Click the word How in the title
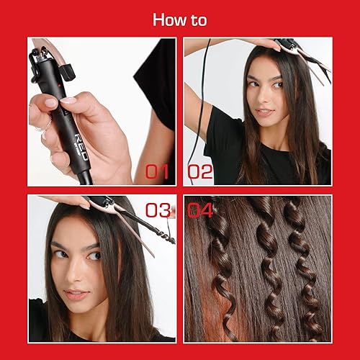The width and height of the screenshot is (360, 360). pyautogui.click(x=168, y=19)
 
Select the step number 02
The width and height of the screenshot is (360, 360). pyautogui.click(x=202, y=172)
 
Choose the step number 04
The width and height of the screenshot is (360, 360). pyautogui.click(x=202, y=210)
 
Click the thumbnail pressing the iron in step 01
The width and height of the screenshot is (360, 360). pyautogui.click(x=70, y=102)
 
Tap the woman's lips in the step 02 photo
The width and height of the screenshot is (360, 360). pyautogui.click(x=266, y=112)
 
